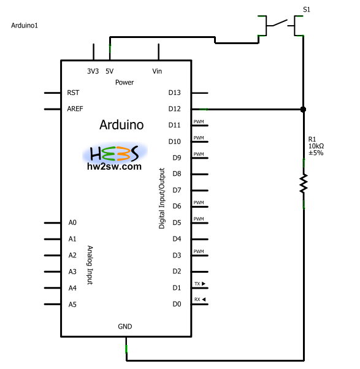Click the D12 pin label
coord(174,108)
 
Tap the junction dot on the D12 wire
coord(303,110)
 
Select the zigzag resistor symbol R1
coord(304,183)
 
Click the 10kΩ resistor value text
coord(316,146)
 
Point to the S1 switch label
coord(307,10)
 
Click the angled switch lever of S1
coord(280,23)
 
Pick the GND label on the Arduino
coord(124,327)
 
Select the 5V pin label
coord(110,71)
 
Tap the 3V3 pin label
coord(93,71)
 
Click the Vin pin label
coord(157,71)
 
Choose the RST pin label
coord(73,93)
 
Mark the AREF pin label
coord(75,108)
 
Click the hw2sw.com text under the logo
coord(114,166)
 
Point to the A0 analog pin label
coord(72,223)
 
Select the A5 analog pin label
coord(72,305)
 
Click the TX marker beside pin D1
coord(200,284)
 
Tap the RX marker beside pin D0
coord(200,299)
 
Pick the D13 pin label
coord(174,93)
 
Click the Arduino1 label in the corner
coord(25,25)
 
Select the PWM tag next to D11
coord(199,121)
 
